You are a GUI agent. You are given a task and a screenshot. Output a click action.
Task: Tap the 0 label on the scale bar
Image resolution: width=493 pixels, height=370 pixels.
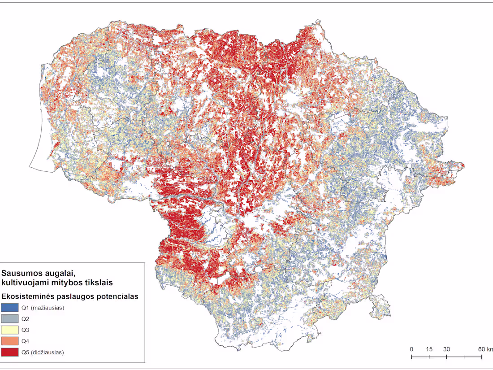(411, 349)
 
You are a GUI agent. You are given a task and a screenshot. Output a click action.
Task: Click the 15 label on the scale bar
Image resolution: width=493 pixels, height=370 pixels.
(429, 349)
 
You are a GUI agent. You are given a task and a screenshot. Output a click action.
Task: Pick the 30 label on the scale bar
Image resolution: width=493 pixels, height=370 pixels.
(446, 349)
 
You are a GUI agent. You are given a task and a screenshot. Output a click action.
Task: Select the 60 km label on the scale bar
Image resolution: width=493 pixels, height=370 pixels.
(485, 349)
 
